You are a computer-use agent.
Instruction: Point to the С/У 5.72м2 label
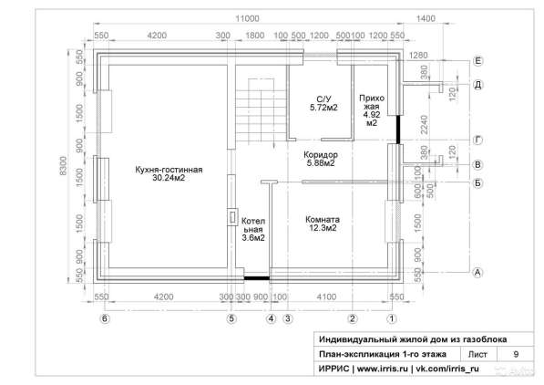click(322, 103)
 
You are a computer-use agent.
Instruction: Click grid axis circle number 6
click(105, 318)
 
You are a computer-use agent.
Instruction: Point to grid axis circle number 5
click(231, 318)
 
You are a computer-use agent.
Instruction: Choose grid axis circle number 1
click(392, 318)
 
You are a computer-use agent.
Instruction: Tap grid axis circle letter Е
click(477, 60)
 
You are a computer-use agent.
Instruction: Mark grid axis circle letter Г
click(477, 140)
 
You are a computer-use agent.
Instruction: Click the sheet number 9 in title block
click(517, 353)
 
